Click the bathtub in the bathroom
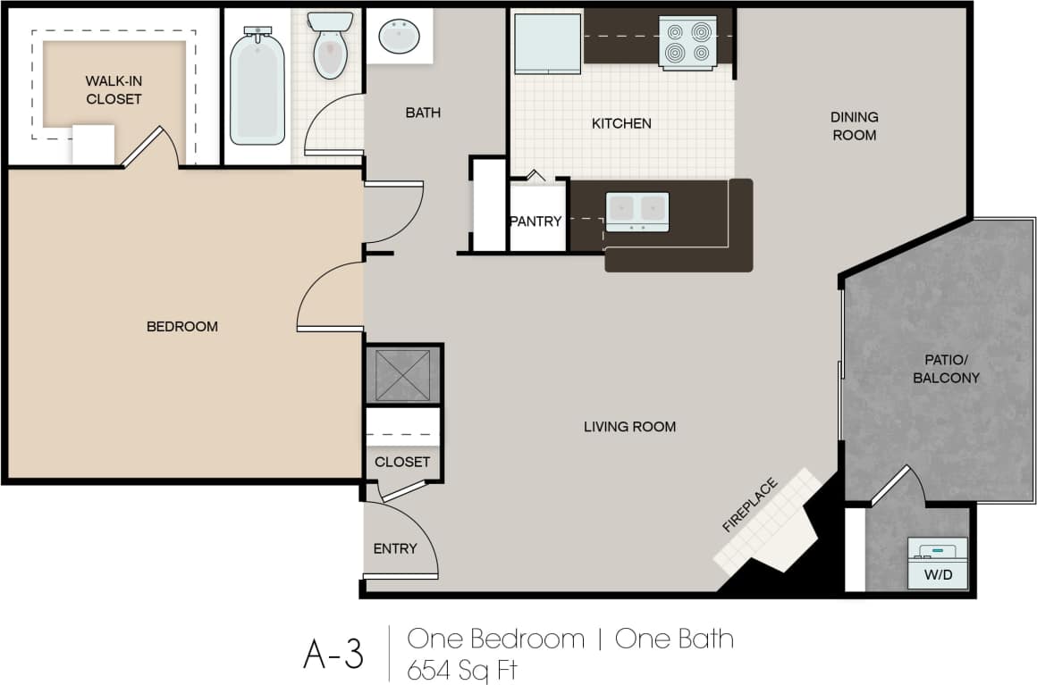coord(257,86)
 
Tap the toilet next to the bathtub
coord(330,46)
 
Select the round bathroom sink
coord(399,38)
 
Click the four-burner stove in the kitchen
coord(687,42)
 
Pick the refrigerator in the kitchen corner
coord(546,42)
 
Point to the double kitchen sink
coord(637,211)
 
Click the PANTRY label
coord(535,221)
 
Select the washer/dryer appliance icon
coord(937,552)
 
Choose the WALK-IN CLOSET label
coord(114,90)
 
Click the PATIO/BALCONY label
coord(946,369)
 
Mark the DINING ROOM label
coord(854,126)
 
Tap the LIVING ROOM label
coord(629,427)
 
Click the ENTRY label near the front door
coord(395,548)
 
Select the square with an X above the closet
coord(403,374)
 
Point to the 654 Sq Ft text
coord(462,668)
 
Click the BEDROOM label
coord(182,327)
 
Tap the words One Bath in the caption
coord(674,639)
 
